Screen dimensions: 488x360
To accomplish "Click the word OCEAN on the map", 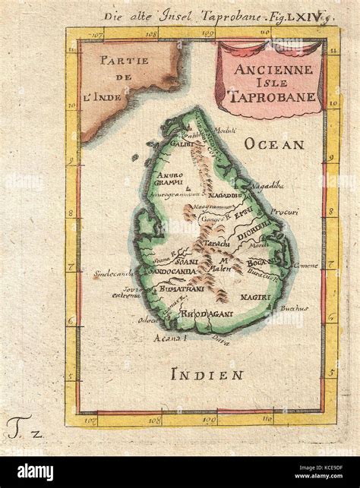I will [274, 143].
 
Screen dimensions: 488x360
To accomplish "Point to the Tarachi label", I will [219, 237].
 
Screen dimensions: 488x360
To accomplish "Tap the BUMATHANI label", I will [180, 290].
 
